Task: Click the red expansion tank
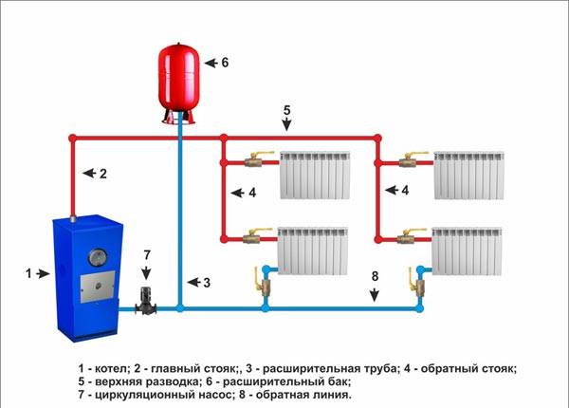tap(180, 75)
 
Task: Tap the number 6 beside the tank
tap(224, 62)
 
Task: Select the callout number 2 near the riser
tap(102, 174)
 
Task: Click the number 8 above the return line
tap(375, 277)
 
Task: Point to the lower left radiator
tap(314, 250)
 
